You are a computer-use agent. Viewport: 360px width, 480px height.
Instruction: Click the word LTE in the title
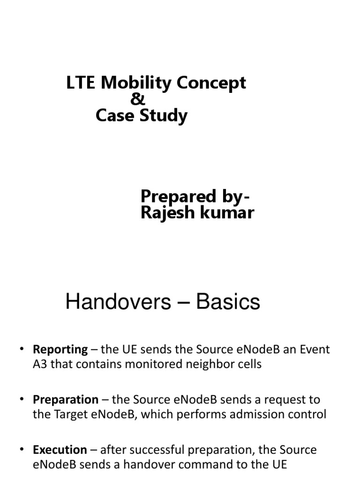pyautogui.click(x=82, y=83)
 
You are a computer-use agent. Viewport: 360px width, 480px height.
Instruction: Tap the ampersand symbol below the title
pyautogui.click(x=138, y=99)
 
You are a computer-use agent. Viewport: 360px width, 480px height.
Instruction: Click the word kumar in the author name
pyautogui.click(x=229, y=213)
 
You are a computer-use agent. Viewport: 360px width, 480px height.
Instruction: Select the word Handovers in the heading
pyautogui.click(x=118, y=302)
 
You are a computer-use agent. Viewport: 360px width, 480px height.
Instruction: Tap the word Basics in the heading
pyautogui.click(x=228, y=302)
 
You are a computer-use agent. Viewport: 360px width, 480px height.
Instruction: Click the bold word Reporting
pyautogui.click(x=60, y=350)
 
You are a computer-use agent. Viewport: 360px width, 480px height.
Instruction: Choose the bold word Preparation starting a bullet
pyautogui.click(x=66, y=400)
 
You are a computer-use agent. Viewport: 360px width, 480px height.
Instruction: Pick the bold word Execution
pyautogui.click(x=60, y=450)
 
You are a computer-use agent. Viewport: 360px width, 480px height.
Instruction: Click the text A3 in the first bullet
pyautogui.click(x=40, y=364)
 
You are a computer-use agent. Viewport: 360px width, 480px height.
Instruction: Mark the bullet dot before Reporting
pyautogui.click(x=22, y=350)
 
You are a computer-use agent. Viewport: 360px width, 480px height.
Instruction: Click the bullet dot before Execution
pyautogui.click(x=22, y=450)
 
